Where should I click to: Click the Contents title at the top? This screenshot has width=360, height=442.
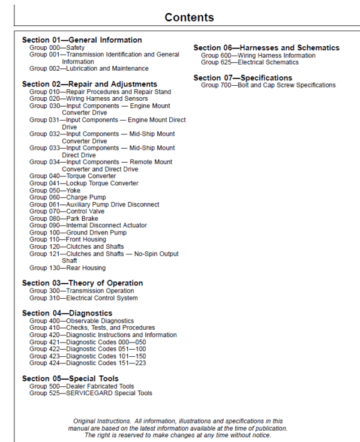[x=189, y=17]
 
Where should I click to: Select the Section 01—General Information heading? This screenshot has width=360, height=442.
[x=82, y=40]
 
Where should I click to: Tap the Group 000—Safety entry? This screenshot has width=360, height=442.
[x=57, y=47]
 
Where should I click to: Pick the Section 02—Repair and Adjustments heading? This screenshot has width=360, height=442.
[x=89, y=84]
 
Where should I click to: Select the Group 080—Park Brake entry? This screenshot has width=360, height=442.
[x=64, y=218]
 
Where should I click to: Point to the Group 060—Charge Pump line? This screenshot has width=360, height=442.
[x=68, y=197]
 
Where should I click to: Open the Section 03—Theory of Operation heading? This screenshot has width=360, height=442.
[x=82, y=283]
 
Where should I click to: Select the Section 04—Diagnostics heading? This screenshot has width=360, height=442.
[x=67, y=313]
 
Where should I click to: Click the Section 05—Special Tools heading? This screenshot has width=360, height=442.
[x=70, y=378]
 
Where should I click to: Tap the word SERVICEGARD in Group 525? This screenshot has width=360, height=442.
[x=89, y=393]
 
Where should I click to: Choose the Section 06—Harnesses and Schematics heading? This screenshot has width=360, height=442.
[x=266, y=48]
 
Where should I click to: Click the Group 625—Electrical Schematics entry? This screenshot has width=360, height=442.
[x=250, y=62]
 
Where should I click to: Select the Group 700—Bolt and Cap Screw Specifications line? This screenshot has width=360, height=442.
[x=268, y=85]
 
